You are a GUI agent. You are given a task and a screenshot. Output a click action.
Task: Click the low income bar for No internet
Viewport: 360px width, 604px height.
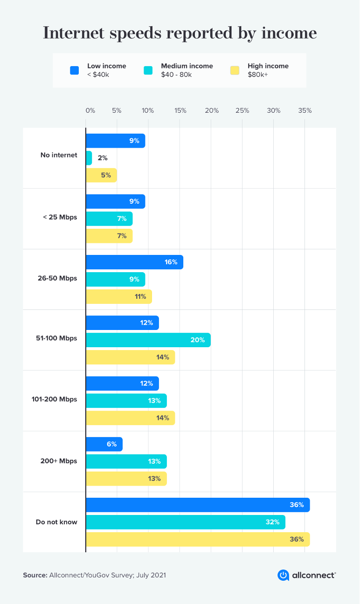[x=115, y=141]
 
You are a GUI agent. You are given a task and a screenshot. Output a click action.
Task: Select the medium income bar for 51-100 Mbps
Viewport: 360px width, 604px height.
[x=148, y=340]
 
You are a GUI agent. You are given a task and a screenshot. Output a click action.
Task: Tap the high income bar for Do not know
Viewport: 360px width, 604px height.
[x=197, y=539]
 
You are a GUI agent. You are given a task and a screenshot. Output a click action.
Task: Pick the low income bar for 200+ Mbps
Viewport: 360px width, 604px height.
[x=104, y=444]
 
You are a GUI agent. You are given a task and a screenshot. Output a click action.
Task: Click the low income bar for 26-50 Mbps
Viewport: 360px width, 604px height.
[x=134, y=262]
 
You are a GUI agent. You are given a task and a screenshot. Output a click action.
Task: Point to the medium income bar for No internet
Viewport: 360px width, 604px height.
[x=89, y=158]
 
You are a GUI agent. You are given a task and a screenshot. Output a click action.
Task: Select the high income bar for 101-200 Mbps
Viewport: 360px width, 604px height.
[x=130, y=418]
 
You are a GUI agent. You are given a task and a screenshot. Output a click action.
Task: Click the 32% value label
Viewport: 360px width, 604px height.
[x=272, y=522]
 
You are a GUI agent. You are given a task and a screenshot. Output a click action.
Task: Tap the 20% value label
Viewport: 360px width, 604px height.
[x=197, y=340]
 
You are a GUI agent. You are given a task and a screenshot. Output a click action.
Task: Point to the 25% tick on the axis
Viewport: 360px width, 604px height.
[x=242, y=111]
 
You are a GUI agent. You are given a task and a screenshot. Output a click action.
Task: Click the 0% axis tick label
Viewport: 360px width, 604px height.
[x=90, y=111]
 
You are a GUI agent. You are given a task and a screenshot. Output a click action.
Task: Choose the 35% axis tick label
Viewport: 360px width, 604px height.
[x=305, y=111]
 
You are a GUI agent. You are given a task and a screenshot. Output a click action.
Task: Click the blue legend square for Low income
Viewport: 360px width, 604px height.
[x=74, y=70]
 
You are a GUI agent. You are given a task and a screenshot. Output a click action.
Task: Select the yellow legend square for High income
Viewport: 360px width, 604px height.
[x=235, y=70]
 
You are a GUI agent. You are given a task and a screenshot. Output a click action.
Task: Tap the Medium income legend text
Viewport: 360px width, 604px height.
[x=187, y=66]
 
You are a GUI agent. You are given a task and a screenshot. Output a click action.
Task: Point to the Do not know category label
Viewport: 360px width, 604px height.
[x=56, y=522]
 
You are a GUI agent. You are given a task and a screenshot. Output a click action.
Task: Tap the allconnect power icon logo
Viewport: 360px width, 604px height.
[x=283, y=575]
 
